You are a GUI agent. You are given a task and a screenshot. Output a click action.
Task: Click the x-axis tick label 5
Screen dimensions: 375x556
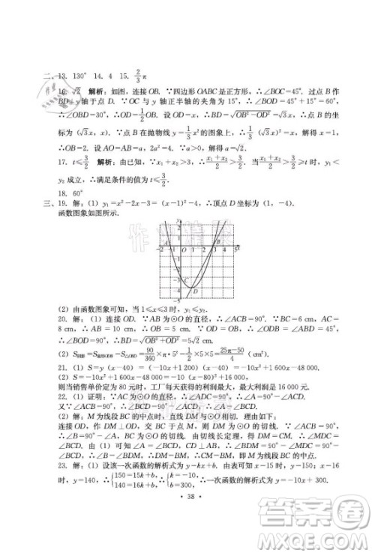233,247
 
